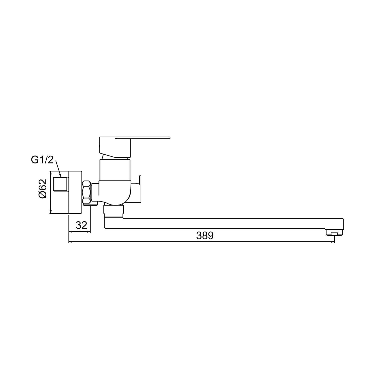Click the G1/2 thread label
[42, 160]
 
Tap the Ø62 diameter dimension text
[43, 189]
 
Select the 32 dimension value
[81, 225]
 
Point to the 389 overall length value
[205, 236]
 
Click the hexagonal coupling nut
[87, 192]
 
